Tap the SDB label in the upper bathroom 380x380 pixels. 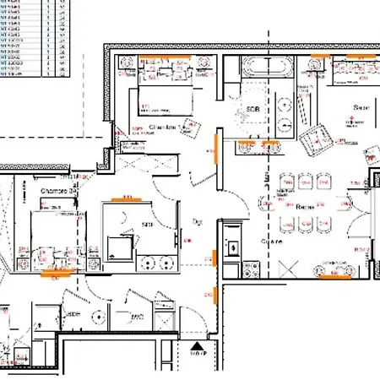252,110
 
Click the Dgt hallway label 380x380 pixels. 198,223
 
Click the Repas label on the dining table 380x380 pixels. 305,206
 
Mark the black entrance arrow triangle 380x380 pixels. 197,345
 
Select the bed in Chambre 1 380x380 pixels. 165,100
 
